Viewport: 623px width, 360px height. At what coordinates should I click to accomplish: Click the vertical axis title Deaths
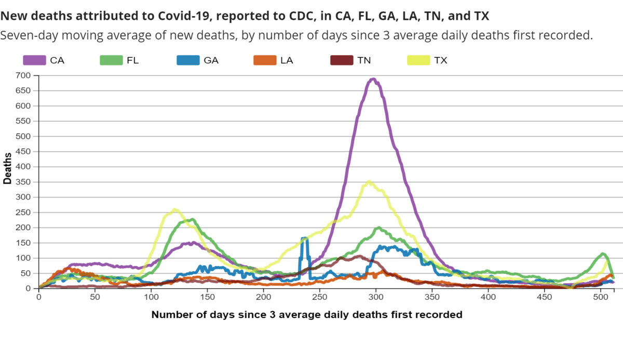pyautogui.click(x=8, y=167)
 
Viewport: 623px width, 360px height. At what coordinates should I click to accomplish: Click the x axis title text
pyautogui.click(x=306, y=314)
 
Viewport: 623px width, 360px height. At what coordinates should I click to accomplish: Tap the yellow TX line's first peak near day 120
pyautogui.click(x=174, y=210)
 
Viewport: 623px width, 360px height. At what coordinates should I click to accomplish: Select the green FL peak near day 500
pyautogui.click(x=603, y=254)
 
